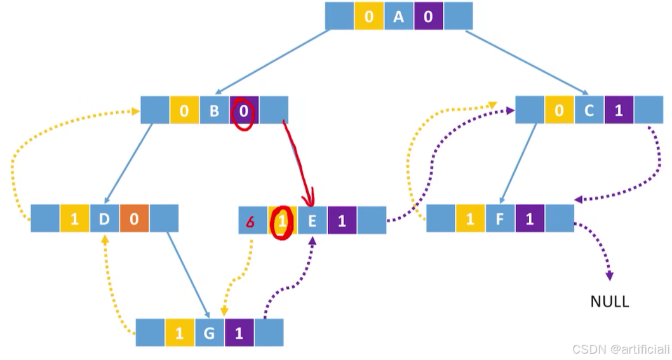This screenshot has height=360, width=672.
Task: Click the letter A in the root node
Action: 398,17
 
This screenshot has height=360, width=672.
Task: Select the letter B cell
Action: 214,110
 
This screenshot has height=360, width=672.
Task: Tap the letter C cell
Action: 589,110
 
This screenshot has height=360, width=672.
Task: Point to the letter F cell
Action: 500,218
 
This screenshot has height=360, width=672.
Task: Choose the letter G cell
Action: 210,333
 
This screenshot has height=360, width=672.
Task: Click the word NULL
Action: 610,302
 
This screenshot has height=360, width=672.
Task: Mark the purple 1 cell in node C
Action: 619,110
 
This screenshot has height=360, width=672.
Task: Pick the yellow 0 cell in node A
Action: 369,17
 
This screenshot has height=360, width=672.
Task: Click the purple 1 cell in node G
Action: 239,333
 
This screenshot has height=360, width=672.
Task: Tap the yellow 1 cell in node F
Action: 470,218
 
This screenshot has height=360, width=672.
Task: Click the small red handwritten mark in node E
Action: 251,220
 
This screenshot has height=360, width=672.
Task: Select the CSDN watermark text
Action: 621,349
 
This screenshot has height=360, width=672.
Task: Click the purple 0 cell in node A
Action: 428,17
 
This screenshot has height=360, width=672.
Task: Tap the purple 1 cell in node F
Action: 530,218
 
